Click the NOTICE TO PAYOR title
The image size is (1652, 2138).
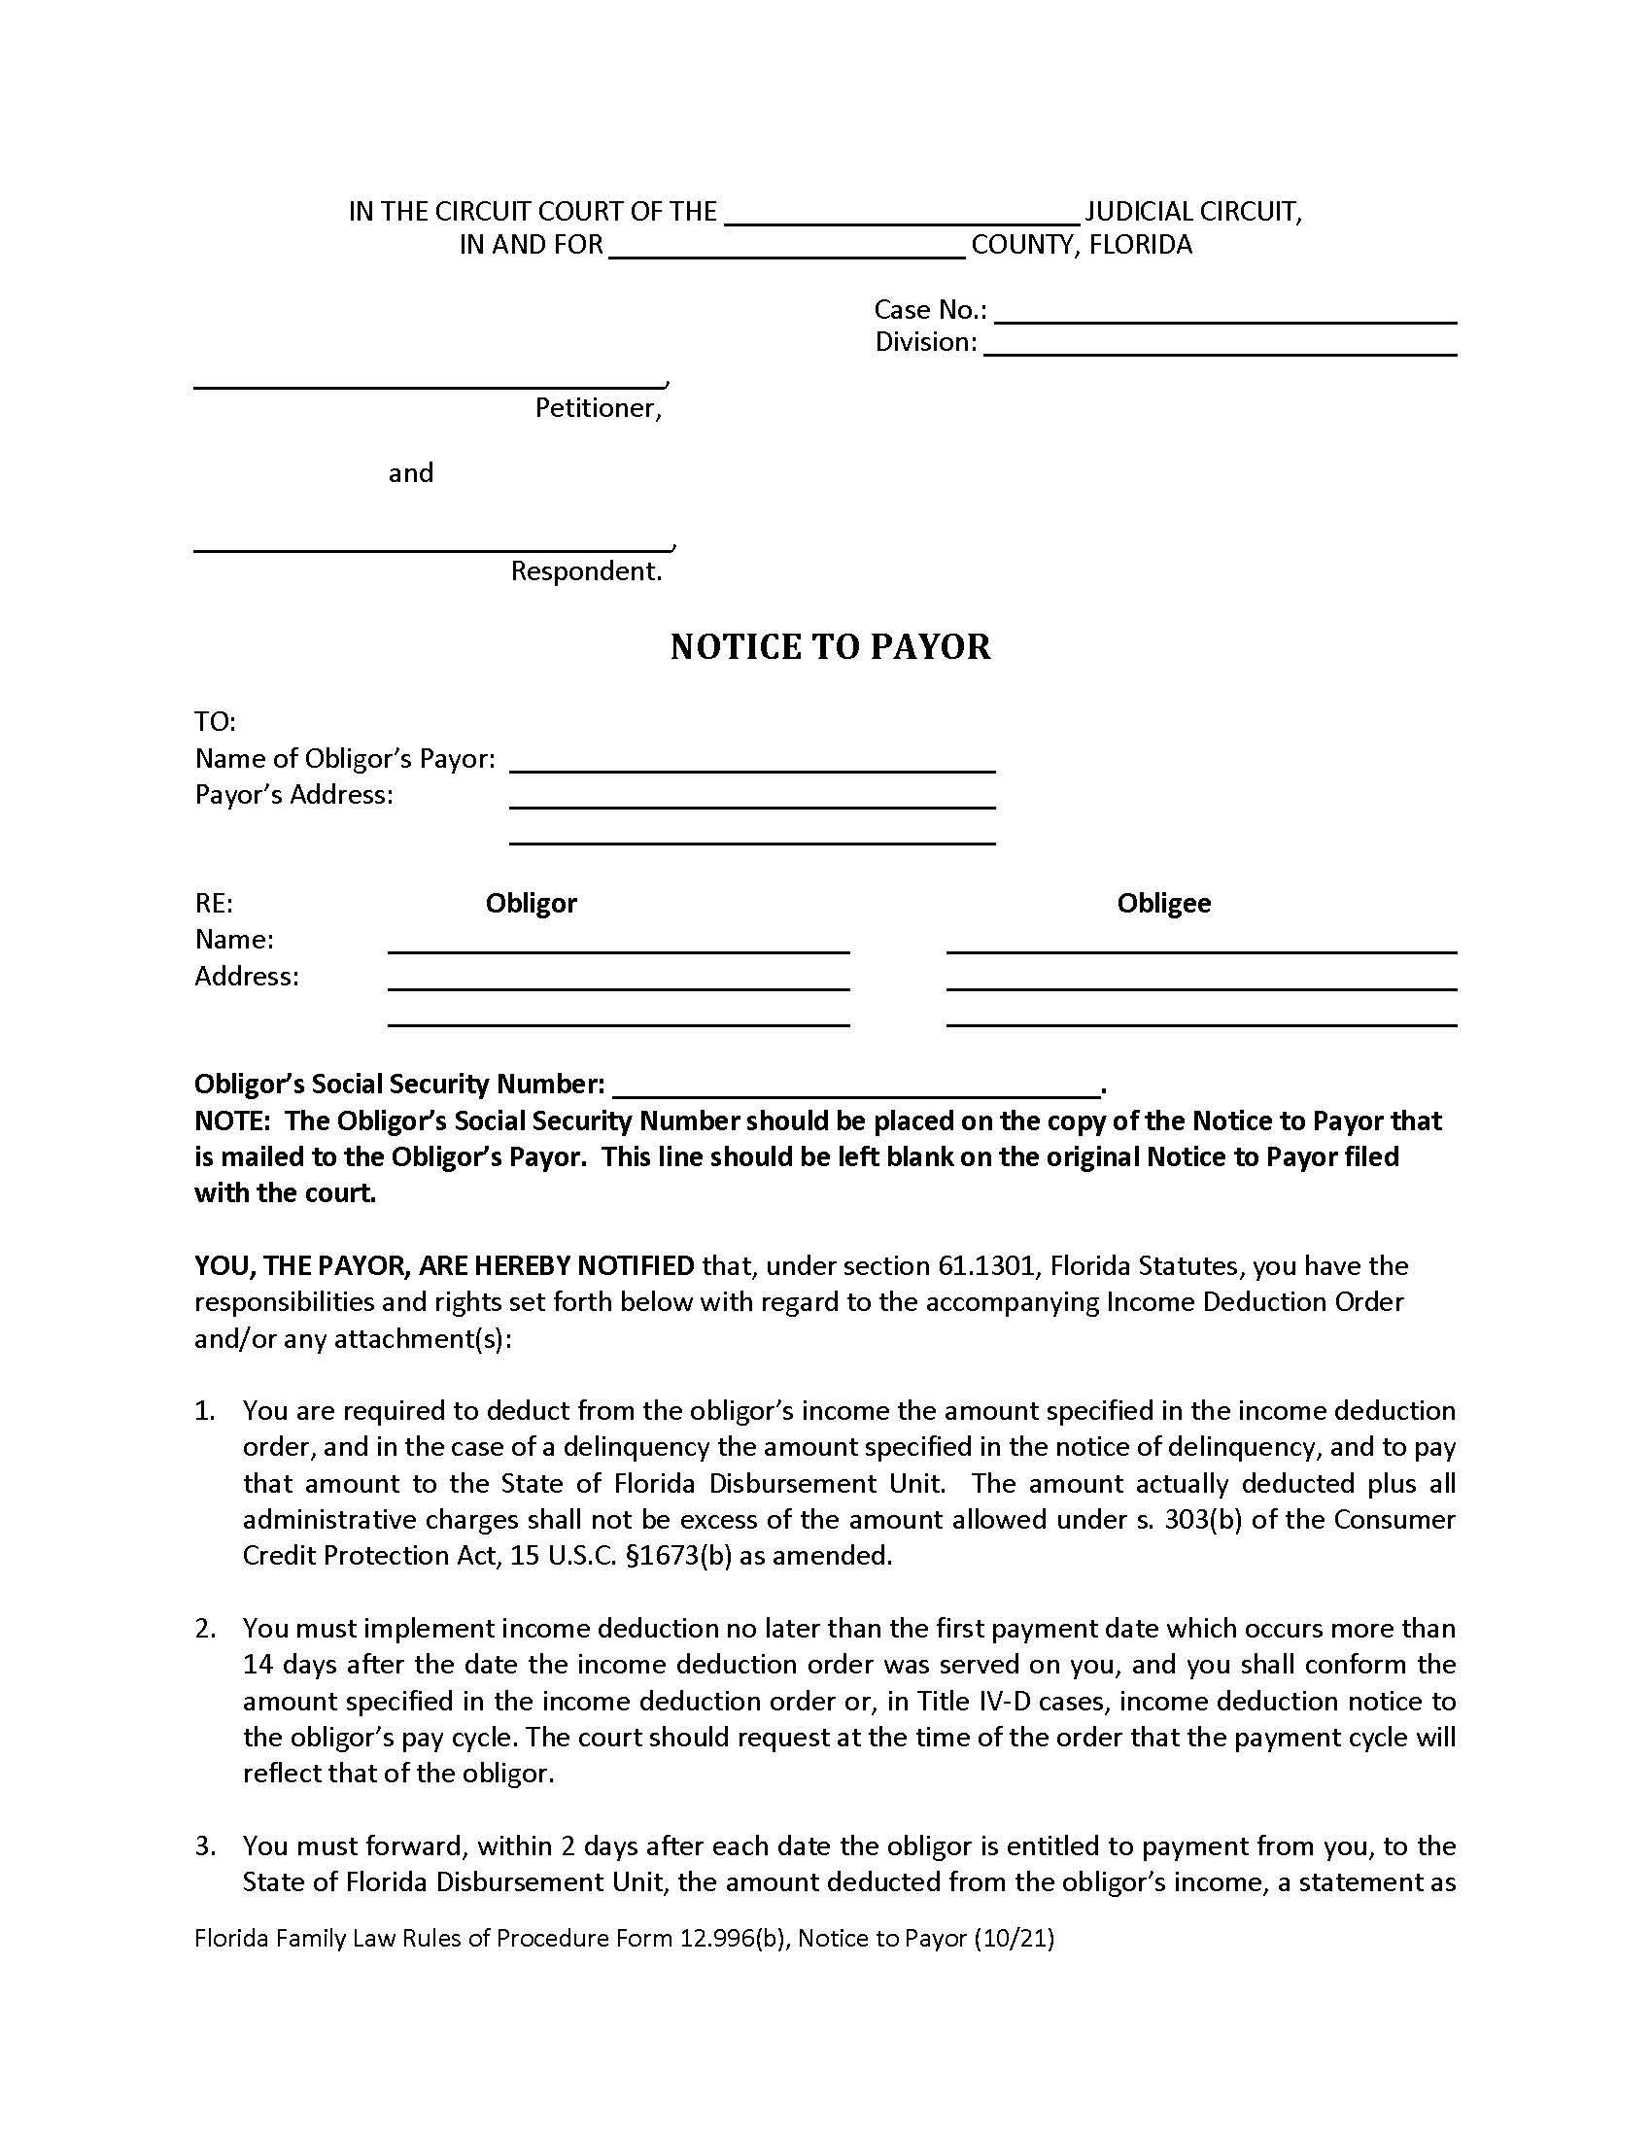coord(830,647)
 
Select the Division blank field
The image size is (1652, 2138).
coord(1220,346)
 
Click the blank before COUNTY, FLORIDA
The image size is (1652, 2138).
coord(787,248)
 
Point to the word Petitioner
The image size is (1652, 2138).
coord(597,408)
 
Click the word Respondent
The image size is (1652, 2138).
coord(585,571)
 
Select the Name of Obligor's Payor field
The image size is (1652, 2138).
coord(751,763)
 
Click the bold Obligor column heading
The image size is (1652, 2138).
coord(531,903)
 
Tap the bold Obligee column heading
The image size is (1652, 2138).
coord(1163,903)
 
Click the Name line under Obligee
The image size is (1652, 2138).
coord(1201,943)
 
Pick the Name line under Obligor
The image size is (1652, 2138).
coord(618,943)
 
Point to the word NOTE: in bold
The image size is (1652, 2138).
coord(232,1121)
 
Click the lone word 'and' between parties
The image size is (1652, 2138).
coord(410,474)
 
